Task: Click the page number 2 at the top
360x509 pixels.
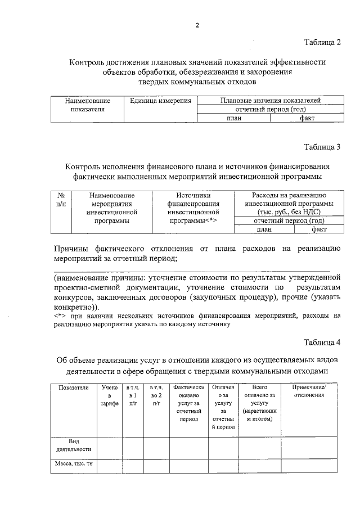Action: pos(197,25)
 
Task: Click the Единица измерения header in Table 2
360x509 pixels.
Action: pos(160,101)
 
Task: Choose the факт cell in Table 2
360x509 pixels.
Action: pos(307,118)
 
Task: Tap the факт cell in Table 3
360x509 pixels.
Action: pos(319,229)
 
